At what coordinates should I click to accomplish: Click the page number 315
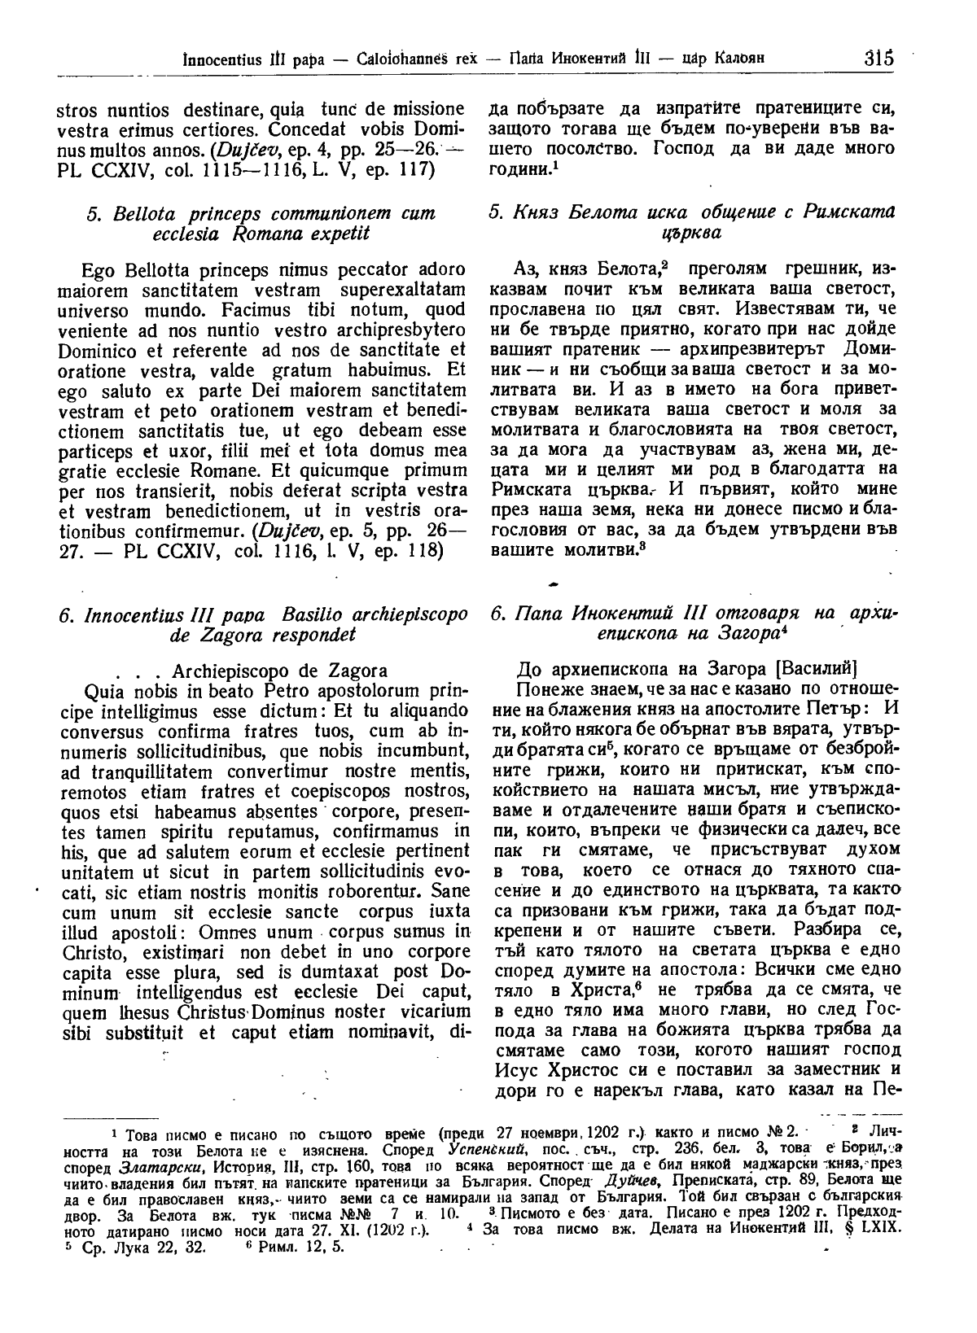point(879,59)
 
